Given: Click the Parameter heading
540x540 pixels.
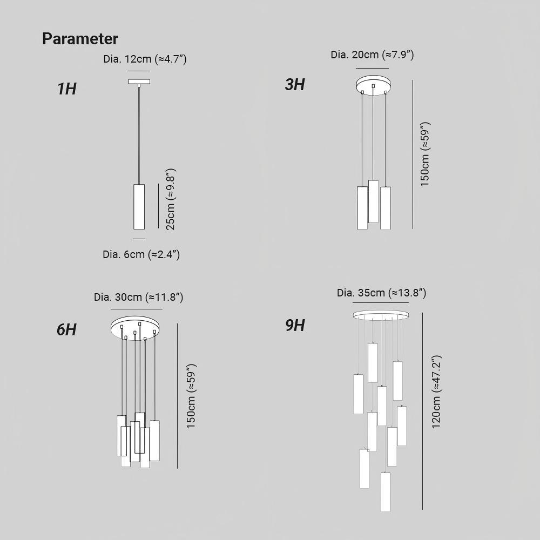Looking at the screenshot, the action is pyautogui.click(x=80, y=39).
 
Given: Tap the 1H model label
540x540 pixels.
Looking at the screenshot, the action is pyautogui.click(x=67, y=89).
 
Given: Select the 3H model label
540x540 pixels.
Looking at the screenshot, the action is pyautogui.click(x=295, y=85).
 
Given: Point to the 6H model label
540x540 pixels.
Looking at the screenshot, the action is pyautogui.click(x=67, y=329).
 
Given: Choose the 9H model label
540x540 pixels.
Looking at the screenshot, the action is pyautogui.click(x=295, y=326).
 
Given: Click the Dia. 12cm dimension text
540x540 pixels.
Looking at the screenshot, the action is pyautogui.click(x=145, y=59).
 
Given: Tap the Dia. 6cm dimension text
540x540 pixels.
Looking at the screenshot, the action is pyautogui.click(x=141, y=254).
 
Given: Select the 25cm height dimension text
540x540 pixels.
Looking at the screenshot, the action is pyautogui.click(x=171, y=199).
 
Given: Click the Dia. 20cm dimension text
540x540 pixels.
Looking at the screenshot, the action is pyautogui.click(x=372, y=55).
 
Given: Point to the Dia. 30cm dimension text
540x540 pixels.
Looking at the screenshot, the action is pyautogui.click(x=138, y=297).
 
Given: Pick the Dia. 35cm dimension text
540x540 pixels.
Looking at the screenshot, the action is pyautogui.click(x=382, y=293).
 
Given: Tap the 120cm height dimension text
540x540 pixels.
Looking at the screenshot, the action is pyautogui.click(x=436, y=392).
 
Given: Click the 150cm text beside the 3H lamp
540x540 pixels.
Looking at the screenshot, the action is pyautogui.click(x=425, y=154).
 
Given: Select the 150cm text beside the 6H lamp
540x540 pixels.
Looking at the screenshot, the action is pyautogui.click(x=191, y=396).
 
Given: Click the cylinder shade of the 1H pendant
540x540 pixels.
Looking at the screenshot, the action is pyautogui.click(x=139, y=207).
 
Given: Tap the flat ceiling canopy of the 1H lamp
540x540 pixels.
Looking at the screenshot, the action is pyautogui.click(x=139, y=82).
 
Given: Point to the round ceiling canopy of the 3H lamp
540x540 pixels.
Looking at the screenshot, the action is pyautogui.click(x=374, y=85).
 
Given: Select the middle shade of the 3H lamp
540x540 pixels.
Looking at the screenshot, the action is pyautogui.click(x=373, y=201).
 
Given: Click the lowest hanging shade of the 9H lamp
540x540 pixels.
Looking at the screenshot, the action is pyautogui.click(x=386, y=492).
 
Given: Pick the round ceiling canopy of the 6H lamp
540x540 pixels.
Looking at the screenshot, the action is pyautogui.click(x=136, y=326).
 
